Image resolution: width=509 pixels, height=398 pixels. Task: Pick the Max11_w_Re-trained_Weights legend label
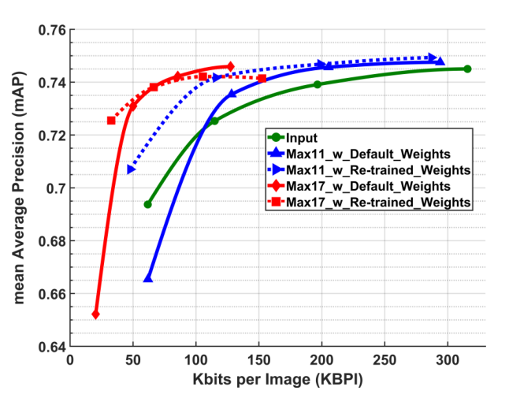tap(377, 170)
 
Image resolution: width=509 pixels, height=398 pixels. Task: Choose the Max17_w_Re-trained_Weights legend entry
tap(377, 203)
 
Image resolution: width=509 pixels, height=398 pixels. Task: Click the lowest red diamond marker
tap(95, 314)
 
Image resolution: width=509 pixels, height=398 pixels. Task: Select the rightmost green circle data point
tap(467, 69)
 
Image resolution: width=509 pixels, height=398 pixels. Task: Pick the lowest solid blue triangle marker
tap(147, 278)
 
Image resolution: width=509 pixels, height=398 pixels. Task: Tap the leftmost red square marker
tap(111, 121)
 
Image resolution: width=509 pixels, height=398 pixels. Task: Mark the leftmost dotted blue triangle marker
tap(131, 169)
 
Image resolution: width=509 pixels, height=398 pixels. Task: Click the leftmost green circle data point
tap(147, 204)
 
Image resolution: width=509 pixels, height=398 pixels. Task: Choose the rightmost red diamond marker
tap(230, 66)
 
